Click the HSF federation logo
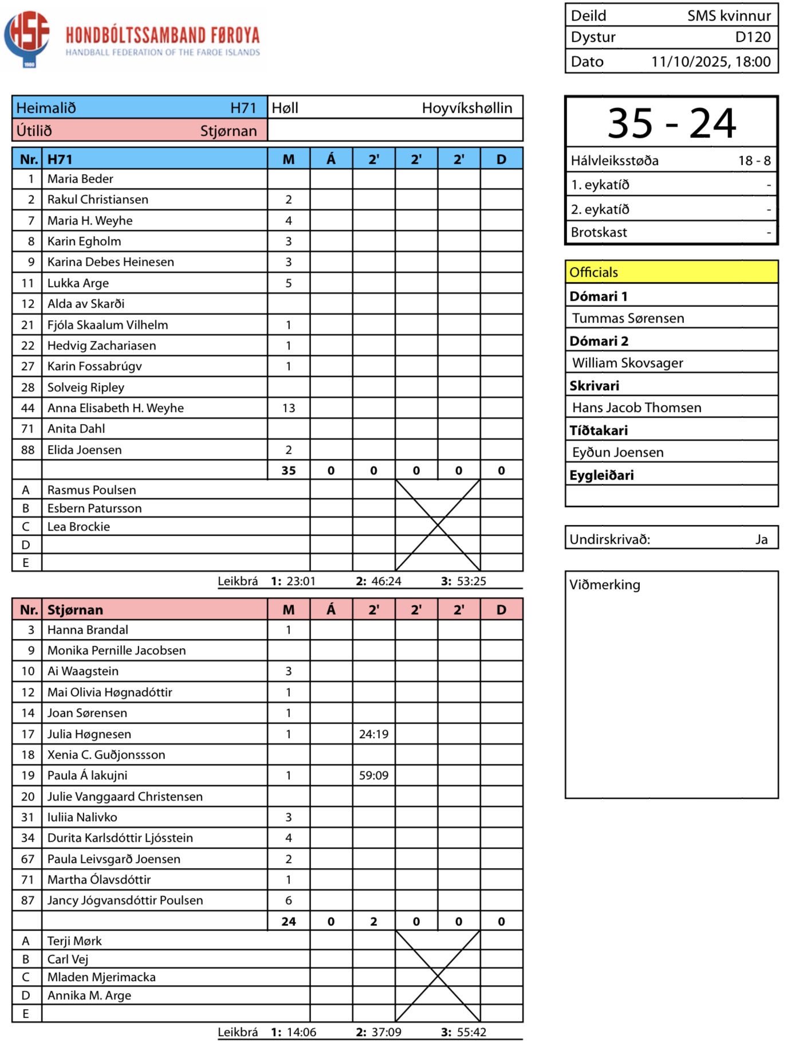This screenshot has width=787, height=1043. tap(26, 38)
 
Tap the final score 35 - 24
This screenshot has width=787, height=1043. tap(671, 123)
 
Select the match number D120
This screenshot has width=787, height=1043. tap(753, 37)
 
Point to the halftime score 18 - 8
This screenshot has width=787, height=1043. tap(754, 160)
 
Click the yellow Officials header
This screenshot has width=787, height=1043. tap(671, 272)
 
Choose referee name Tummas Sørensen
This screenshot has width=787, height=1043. tap(628, 318)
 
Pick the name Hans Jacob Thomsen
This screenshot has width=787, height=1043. tap(636, 407)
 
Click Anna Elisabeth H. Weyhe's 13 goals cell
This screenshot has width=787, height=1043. tap(289, 408)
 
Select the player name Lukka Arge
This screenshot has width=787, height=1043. tap(78, 283)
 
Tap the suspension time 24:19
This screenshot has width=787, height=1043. tap(373, 734)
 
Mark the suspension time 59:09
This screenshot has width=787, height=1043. tap(373, 775)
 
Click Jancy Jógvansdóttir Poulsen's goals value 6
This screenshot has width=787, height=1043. tap(289, 900)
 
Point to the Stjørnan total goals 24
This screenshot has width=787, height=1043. tap(289, 922)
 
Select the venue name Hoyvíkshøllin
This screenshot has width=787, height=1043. tap(467, 108)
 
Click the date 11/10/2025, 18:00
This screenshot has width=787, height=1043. tap(711, 61)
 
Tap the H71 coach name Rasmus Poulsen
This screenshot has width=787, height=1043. tap(92, 490)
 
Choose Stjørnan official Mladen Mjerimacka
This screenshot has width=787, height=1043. tap(101, 977)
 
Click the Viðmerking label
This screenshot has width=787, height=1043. tap(605, 585)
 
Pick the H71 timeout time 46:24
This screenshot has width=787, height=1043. tap(386, 581)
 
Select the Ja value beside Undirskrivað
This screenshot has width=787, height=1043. tap(761, 539)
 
